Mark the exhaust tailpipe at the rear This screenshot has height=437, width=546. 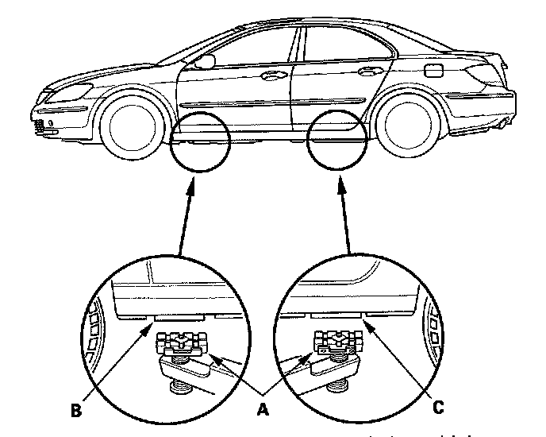pyautogui.click(x=506, y=122)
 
